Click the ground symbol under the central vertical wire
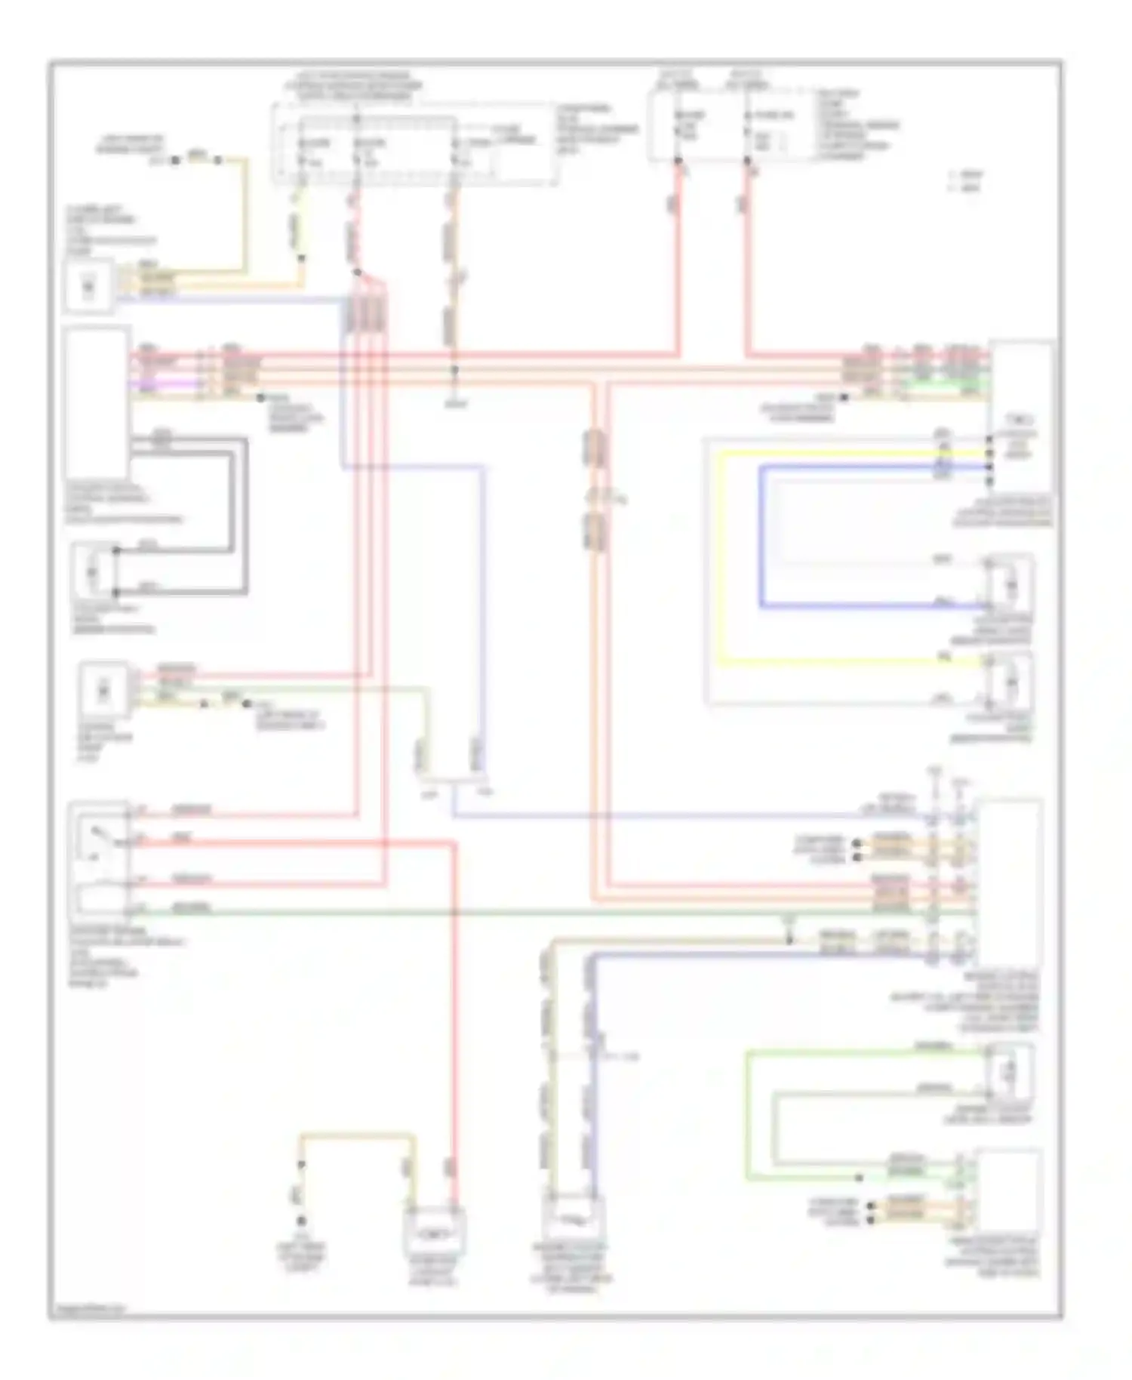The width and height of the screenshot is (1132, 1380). [x=455, y=403]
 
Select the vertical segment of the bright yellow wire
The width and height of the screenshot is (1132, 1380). [x=720, y=559]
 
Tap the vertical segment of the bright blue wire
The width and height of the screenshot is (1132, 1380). [x=761, y=536]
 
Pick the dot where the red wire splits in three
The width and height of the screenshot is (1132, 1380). [x=358, y=273]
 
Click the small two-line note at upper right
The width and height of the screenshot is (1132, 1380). [x=966, y=180]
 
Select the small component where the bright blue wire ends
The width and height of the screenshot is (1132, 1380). [x=1010, y=585]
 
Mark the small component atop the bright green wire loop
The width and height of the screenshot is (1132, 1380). [x=1010, y=1070]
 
